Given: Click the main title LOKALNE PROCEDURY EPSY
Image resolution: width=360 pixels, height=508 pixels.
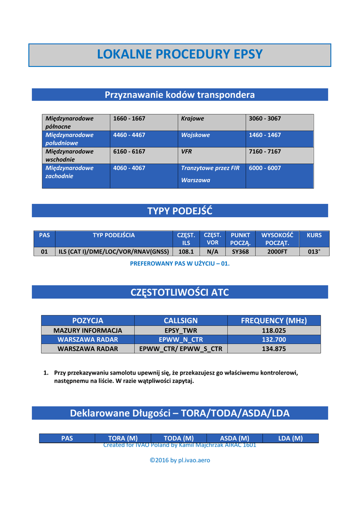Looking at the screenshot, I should click(x=180, y=55).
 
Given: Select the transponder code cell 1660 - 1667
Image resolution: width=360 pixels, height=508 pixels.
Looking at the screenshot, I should click(x=129, y=119).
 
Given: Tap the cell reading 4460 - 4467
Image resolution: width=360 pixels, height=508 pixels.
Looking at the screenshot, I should click(x=129, y=135).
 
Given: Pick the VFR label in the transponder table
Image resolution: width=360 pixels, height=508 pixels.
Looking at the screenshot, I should click(x=187, y=151).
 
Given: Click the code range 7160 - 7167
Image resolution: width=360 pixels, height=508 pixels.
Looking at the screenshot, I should click(x=265, y=151).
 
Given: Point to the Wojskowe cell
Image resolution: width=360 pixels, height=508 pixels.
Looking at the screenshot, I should click(x=196, y=135).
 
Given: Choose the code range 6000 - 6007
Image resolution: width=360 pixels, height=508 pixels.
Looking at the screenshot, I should click(x=265, y=168).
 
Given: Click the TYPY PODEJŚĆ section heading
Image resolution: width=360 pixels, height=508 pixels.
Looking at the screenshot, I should click(x=180, y=211).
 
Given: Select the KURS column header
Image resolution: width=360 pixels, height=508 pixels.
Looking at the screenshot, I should click(x=314, y=235).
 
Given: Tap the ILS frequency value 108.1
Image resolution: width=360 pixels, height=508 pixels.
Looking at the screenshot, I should click(x=186, y=252).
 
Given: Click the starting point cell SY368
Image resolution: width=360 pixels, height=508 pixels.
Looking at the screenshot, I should click(x=240, y=252).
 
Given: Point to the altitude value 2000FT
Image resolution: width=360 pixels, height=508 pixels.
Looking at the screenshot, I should click(x=277, y=252).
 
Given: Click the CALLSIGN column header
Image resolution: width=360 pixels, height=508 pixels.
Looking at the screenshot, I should click(x=181, y=320).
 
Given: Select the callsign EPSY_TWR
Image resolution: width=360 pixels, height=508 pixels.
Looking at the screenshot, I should click(x=181, y=330).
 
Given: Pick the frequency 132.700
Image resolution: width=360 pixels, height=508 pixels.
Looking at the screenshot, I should click(x=274, y=339).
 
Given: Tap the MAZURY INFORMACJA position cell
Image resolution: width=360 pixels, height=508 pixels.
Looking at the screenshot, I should click(x=88, y=330).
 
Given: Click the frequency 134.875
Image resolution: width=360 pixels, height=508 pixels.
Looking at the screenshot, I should click(x=274, y=349).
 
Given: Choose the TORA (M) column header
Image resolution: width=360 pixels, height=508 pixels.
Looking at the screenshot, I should click(x=123, y=438).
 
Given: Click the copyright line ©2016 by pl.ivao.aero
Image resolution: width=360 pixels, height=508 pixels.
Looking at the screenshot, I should click(x=180, y=460).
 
